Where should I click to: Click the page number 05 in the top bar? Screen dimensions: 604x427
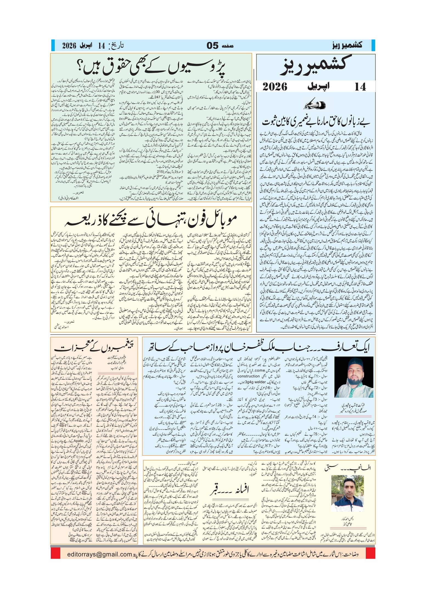coord(212,45)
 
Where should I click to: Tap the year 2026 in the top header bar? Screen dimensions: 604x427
coord(69,46)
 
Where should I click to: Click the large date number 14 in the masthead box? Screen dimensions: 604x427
coord(360,87)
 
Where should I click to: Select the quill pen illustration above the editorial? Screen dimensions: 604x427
coord(315,104)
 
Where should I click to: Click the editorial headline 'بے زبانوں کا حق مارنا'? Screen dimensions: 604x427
coord(316,121)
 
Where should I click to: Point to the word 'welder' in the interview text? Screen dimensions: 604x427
coord(260,382)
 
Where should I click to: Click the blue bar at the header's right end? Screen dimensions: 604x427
coord(373,45)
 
